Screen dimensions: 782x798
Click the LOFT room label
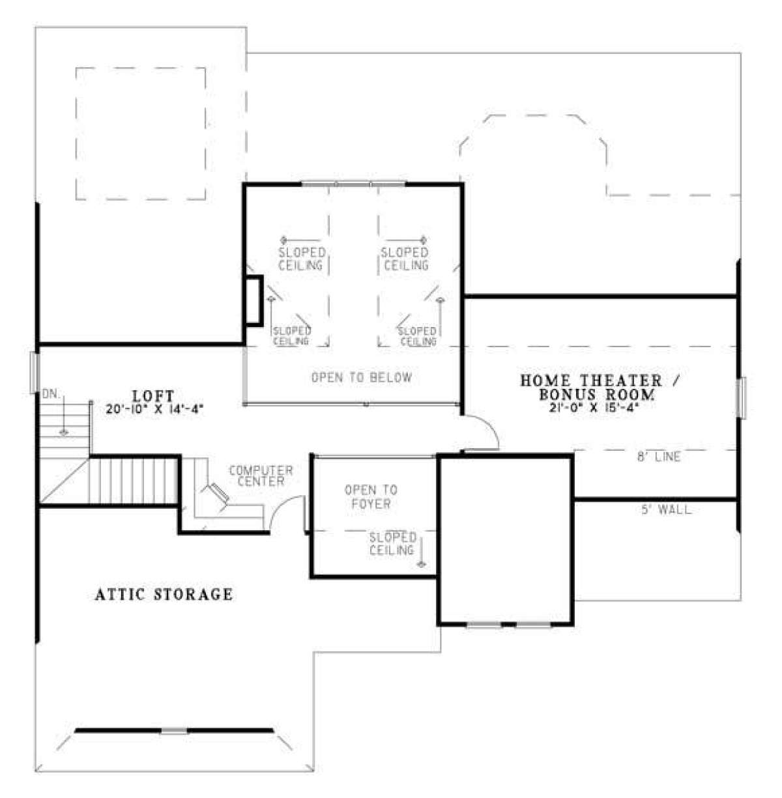(153, 395)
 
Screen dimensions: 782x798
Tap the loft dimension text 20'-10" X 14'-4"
(154, 409)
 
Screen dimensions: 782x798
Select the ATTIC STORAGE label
(164, 594)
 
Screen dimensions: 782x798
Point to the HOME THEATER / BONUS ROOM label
(600, 387)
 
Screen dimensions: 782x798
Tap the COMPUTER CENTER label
(261, 476)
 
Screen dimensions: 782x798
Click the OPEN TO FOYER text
(371, 497)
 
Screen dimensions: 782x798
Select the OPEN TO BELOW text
(362, 377)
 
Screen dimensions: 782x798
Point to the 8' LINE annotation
(658, 457)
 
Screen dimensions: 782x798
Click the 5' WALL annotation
(667, 510)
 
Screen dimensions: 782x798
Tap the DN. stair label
(51, 395)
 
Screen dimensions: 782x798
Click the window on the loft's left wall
(35, 372)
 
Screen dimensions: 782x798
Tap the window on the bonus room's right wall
(742, 397)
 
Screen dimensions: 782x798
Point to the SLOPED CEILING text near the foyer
(392, 544)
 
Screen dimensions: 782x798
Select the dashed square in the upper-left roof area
(141, 134)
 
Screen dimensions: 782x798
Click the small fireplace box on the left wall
(254, 301)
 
